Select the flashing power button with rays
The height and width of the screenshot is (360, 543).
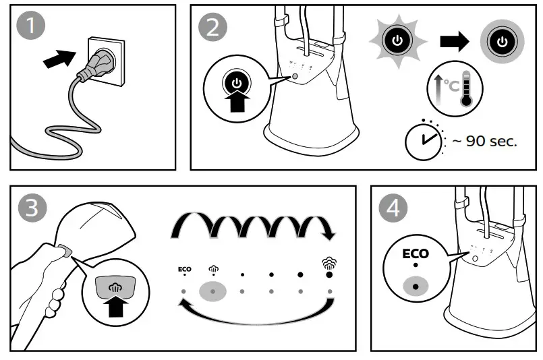[397, 41]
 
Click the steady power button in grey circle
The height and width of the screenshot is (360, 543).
[501, 41]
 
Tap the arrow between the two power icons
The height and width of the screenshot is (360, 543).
[453, 41]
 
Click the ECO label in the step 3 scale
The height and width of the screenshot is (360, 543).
[184, 268]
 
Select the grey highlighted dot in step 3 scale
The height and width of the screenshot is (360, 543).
[213, 291]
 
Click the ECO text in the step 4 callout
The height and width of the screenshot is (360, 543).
[416, 255]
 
